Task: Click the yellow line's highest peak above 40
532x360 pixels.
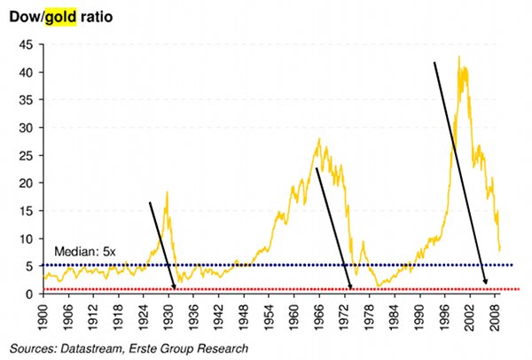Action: (x=458, y=58)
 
